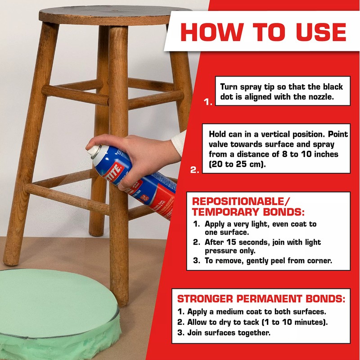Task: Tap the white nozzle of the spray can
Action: click(x=93, y=151)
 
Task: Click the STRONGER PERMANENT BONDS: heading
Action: click(x=261, y=299)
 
